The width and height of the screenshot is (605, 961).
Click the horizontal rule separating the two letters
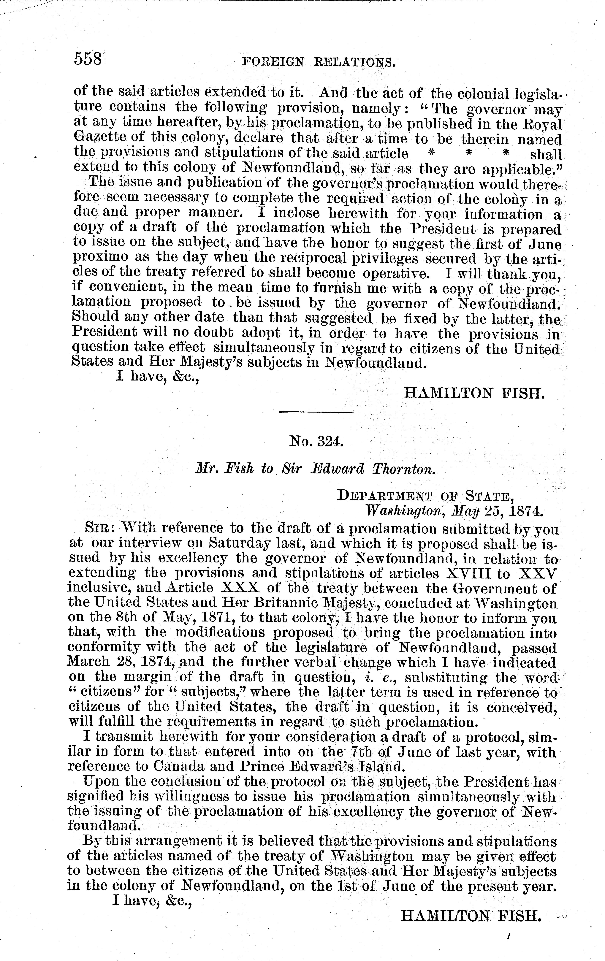tap(315, 411)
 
